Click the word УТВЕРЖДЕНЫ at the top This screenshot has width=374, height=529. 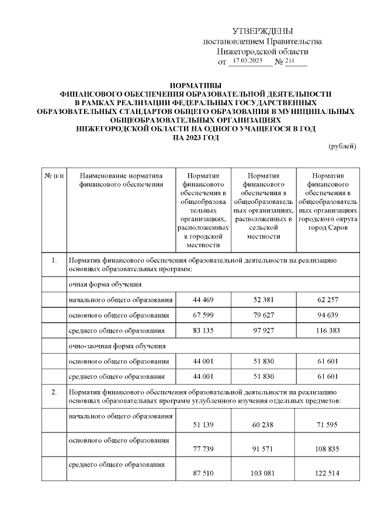pos(262,30)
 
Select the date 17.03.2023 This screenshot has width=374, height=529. pos(247,61)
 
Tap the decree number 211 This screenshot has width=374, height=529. pos(290,61)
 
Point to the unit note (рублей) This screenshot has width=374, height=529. pos(342,146)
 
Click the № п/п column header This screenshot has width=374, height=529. pos(54,175)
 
